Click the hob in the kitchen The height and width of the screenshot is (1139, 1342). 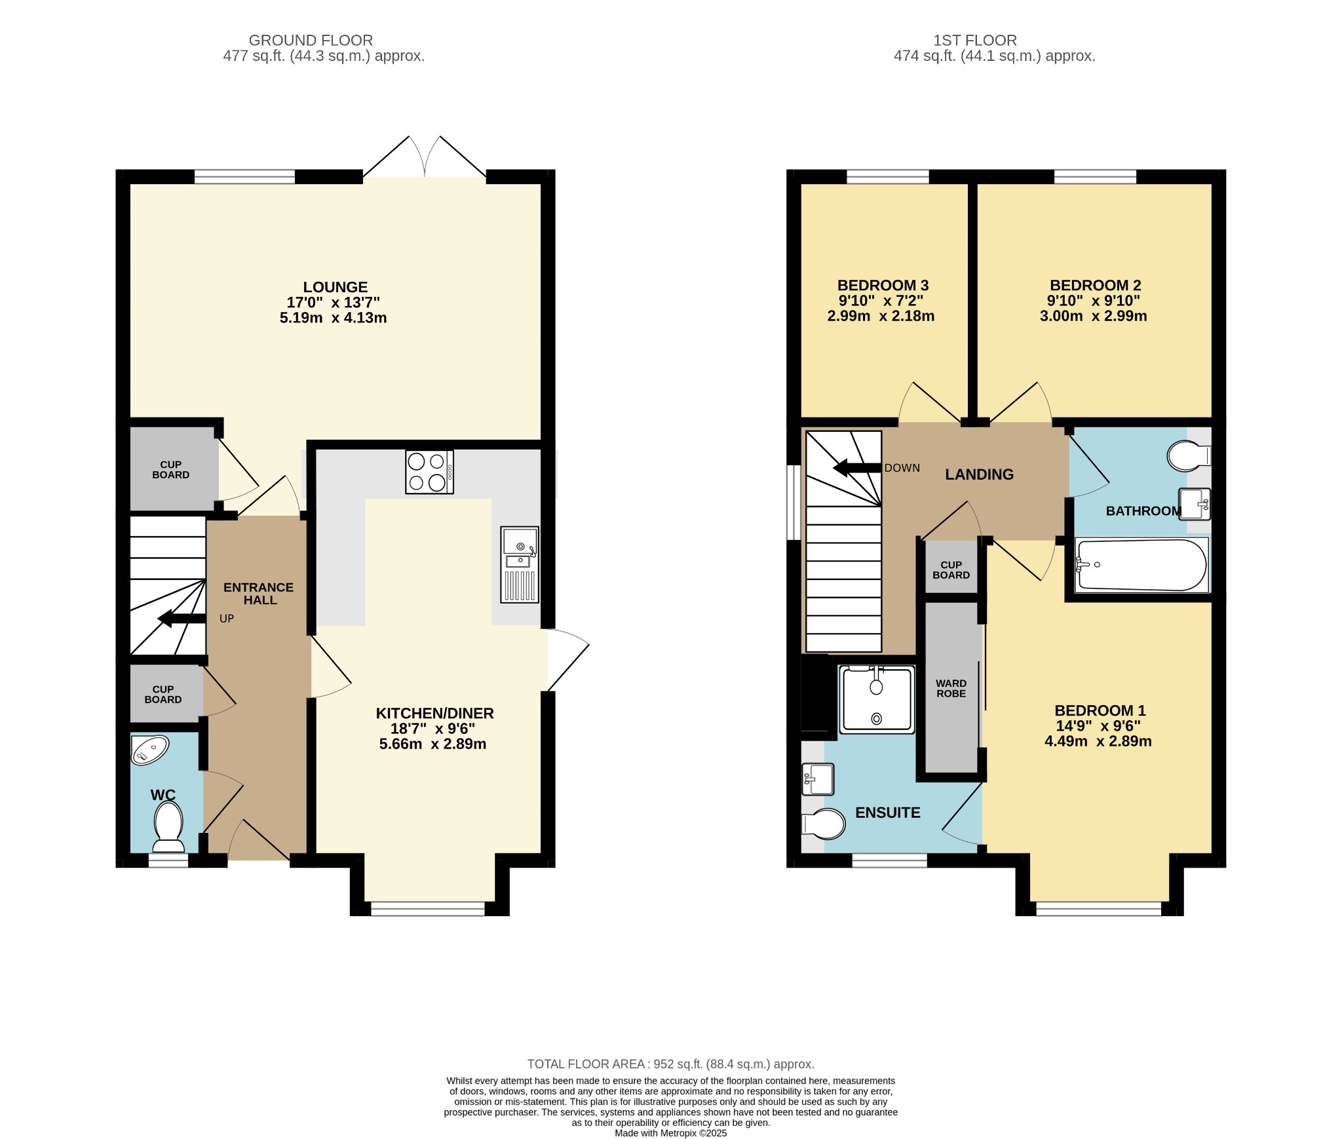pyautogui.click(x=429, y=472)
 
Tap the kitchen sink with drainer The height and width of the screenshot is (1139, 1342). pyautogui.click(x=520, y=564)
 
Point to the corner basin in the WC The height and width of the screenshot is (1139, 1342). pyautogui.click(x=149, y=750)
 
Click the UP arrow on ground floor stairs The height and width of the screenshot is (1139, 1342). pyautogui.click(x=182, y=618)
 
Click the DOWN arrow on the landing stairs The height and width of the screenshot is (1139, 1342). pyautogui.click(x=857, y=468)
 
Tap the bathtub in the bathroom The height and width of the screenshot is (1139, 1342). pyautogui.click(x=1142, y=565)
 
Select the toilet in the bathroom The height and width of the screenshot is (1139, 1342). pyautogui.click(x=1189, y=455)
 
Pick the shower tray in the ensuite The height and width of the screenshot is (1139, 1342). pyautogui.click(x=877, y=699)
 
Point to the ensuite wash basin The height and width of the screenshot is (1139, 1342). pyautogui.click(x=817, y=779)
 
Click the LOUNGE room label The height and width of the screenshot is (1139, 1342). pyautogui.click(x=335, y=287)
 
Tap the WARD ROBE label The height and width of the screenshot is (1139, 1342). pyautogui.click(x=951, y=688)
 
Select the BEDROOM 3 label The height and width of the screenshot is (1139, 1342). pyautogui.click(x=883, y=286)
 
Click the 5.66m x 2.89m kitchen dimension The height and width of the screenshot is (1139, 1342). pyautogui.click(x=432, y=744)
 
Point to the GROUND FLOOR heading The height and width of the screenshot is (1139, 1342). pyautogui.click(x=311, y=41)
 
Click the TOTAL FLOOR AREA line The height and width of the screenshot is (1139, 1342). pyautogui.click(x=671, y=1064)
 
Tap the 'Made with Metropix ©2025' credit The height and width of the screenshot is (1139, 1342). pyautogui.click(x=671, y=1133)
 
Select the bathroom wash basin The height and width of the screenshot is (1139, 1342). pyautogui.click(x=1195, y=504)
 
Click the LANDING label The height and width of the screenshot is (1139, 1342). pyautogui.click(x=979, y=474)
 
